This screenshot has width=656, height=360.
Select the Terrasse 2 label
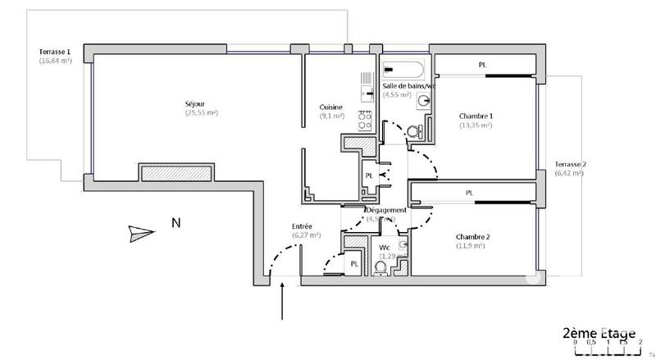coord(569,163)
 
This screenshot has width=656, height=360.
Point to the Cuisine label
coord(332,107)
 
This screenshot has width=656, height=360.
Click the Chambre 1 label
coord(475,116)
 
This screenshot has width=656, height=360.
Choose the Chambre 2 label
coord(473,238)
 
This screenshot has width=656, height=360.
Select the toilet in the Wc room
coord(380,267)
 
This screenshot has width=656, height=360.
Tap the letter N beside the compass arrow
coord(175,222)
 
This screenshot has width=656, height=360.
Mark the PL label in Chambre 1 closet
coord(482,65)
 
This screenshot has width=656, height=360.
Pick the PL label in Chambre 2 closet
coord(469,194)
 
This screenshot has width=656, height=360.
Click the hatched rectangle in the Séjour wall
coord(177,173)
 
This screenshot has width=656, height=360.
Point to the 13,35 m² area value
coord(475,125)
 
